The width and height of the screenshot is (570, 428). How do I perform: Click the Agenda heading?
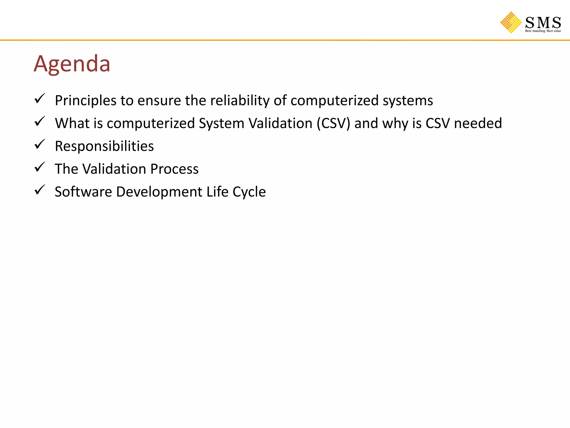click(72, 64)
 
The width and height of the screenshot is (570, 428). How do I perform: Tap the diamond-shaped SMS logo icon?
click(511, 23)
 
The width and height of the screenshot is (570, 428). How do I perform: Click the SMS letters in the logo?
click(543, 23)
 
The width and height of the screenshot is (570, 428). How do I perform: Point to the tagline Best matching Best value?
click(543, 31)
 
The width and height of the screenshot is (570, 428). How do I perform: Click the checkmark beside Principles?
click(40, 99)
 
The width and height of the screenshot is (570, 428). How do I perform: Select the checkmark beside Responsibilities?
click(40, 144)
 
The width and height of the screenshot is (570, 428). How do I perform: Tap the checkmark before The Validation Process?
click(40, 167)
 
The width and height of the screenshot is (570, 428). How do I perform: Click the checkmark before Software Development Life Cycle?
click(40, 190)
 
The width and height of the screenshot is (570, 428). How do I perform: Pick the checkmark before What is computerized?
click(40, 121)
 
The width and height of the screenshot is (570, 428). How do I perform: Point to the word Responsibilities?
click(104, 146)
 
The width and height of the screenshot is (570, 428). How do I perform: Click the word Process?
click(175, 169)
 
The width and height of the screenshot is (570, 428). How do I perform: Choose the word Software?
click(83, 192)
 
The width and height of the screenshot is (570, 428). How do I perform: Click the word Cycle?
click(249, 192)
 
